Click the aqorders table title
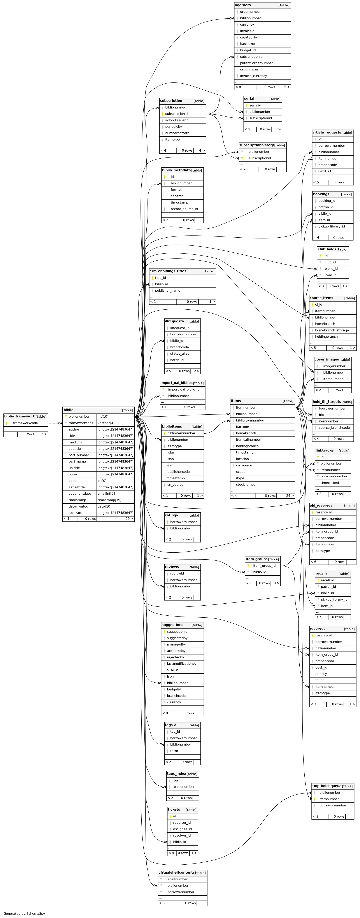[243, 5]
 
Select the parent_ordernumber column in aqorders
[256, 63]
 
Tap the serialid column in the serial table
[255, 105]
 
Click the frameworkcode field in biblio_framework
[25, 423]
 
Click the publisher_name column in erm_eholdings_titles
[167, 291]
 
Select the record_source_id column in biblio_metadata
[184, 209]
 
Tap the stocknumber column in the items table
[246, 485]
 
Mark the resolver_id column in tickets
[182, 835]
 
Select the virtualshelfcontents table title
[176, 872]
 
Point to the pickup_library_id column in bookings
[332, 226]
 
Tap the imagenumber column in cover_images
[334, 366]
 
